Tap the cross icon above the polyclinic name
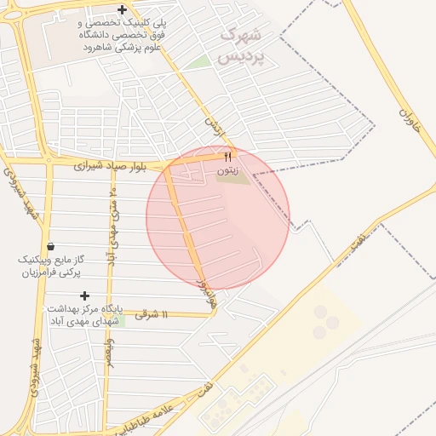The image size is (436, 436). point(123,11)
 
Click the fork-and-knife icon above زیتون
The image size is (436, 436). point(227,157)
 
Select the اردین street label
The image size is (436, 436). point(213,129)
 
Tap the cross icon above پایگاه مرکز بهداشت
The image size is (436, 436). point(84,295)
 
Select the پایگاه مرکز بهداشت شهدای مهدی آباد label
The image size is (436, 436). point(84,313)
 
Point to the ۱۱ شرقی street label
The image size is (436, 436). point(153,315)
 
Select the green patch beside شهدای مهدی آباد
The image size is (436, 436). point(119,321)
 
